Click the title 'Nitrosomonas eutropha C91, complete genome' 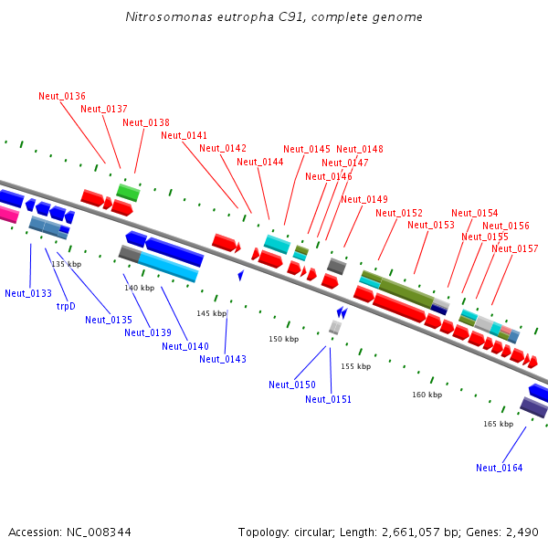(x=273, y=17)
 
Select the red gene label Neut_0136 (x=62, y=96)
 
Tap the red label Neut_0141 (x=184, y=135)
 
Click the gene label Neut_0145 (x=307, y=149)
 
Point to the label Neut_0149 (x=364, y=199)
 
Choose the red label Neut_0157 (x=515, y=248)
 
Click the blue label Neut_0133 (x=28, y=293)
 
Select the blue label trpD (x=66, y=306)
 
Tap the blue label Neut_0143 (x=223, y=359)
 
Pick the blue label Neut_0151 (x=328, y=399)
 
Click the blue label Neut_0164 (x=500, y=468)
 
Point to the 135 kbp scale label (x=66, y=264)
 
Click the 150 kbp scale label (x=283, y=339)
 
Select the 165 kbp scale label (x=498, y=424)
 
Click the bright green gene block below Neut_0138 (x=128, y=192)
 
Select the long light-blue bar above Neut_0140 (x=169, y=267)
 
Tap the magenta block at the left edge (x=8, y=215)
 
